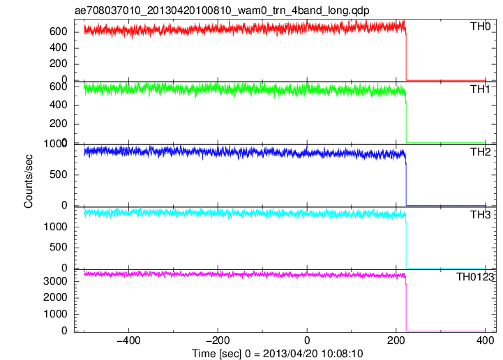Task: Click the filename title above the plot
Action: [222, 10]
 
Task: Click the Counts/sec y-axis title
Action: [28, 181]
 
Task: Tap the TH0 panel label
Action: [480, 27]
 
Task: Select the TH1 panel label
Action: [480, 89]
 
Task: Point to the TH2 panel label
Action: [480, 152]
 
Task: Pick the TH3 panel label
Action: [480, 215]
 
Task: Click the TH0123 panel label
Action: [475, 277]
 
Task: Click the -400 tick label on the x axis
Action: [128, 340]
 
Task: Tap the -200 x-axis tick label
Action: [218, 340]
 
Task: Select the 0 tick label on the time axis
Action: [307, 340]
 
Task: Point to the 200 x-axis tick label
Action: [396, 340]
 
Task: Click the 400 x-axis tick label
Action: [485, 340]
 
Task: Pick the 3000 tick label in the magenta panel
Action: [56, 281]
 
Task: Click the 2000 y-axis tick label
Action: [56, 298]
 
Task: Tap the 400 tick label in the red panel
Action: [59, 48]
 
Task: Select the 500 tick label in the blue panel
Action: [59, 174]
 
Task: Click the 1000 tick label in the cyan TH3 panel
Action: [56, 227]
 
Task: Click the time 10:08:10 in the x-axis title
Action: [342, 354]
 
